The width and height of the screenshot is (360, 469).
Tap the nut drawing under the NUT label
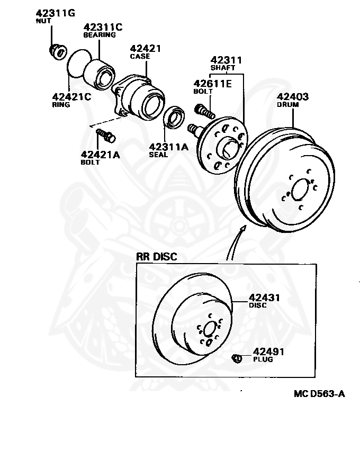(57, 51)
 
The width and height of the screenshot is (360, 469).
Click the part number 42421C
(71, 97)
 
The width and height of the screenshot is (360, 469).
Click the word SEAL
(158, 155)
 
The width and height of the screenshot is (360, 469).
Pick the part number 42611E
(212, 83)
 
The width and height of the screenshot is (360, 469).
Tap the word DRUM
(288, 105)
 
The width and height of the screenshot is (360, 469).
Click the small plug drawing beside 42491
(237, 358)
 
